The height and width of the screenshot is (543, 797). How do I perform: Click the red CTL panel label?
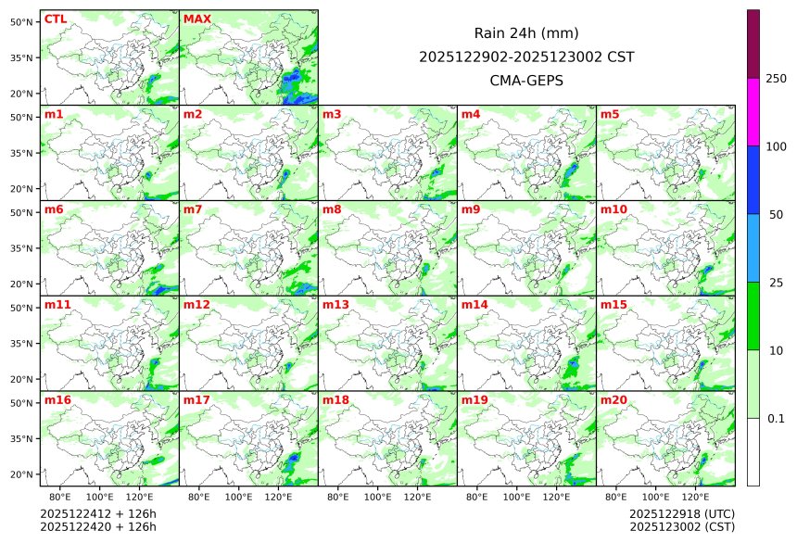[x=55, y=19]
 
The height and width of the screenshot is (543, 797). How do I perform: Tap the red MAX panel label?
[x=197, y=19]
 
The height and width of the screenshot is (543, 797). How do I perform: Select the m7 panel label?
[x=193, y=209]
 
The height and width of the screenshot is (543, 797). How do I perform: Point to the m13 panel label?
[x=335, y=305]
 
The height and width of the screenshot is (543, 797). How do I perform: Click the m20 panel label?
[x=614, y=400]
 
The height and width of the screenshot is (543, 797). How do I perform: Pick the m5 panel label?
[x=610, y=115]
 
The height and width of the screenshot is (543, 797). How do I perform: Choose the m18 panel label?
[x=335, y=400]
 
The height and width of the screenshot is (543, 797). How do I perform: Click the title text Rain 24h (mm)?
[x=526, y=33]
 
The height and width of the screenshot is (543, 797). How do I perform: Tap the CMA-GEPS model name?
[x=526, y=81]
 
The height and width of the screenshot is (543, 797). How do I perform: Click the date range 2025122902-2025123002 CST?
[x=526, y=57]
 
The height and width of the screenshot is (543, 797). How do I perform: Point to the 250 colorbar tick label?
[x=776, y=78]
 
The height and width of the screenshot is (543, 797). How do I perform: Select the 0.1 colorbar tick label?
[x=776, y=419]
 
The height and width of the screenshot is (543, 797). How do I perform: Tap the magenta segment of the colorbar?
[x=753, y=111]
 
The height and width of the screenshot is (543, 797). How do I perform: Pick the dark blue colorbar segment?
[x=753, y=180]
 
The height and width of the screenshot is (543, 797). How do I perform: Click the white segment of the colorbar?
[x=753, y=451]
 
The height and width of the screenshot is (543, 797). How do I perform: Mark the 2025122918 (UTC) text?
[x=680, y=513]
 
